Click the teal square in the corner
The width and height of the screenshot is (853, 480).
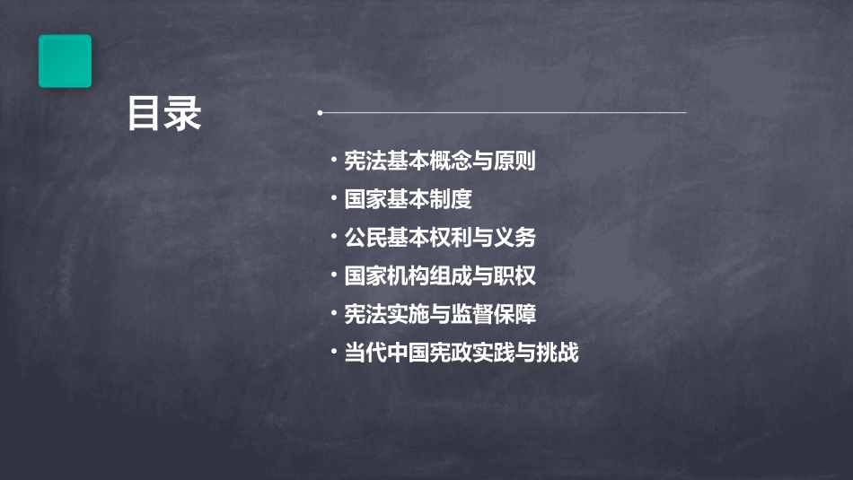click(x=65, y=61)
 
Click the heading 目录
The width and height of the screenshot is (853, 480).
click(x=164, y=114)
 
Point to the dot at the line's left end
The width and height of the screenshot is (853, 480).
click(x=320, y=113)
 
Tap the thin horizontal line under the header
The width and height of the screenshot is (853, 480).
click(x=503, y=113)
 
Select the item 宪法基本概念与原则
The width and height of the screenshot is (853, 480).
click(x=440, y=161)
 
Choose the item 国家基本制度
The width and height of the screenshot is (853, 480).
click(x=408, y=199)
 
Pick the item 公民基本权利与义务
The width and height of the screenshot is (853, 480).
click(x=440, y=238)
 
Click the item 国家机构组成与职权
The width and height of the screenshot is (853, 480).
click(x=440, y=276)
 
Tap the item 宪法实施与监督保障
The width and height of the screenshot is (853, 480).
click(x=440, y=314)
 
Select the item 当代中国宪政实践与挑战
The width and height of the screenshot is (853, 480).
click(x=462, y=353)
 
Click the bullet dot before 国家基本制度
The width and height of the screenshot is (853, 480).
click(x=334, y=198)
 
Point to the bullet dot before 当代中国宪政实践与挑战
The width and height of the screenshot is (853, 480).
click(x=334, y=352)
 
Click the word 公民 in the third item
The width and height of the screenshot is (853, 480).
click(x=365, y=238)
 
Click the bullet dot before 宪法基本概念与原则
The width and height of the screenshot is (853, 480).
click(x=334, y=161)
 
